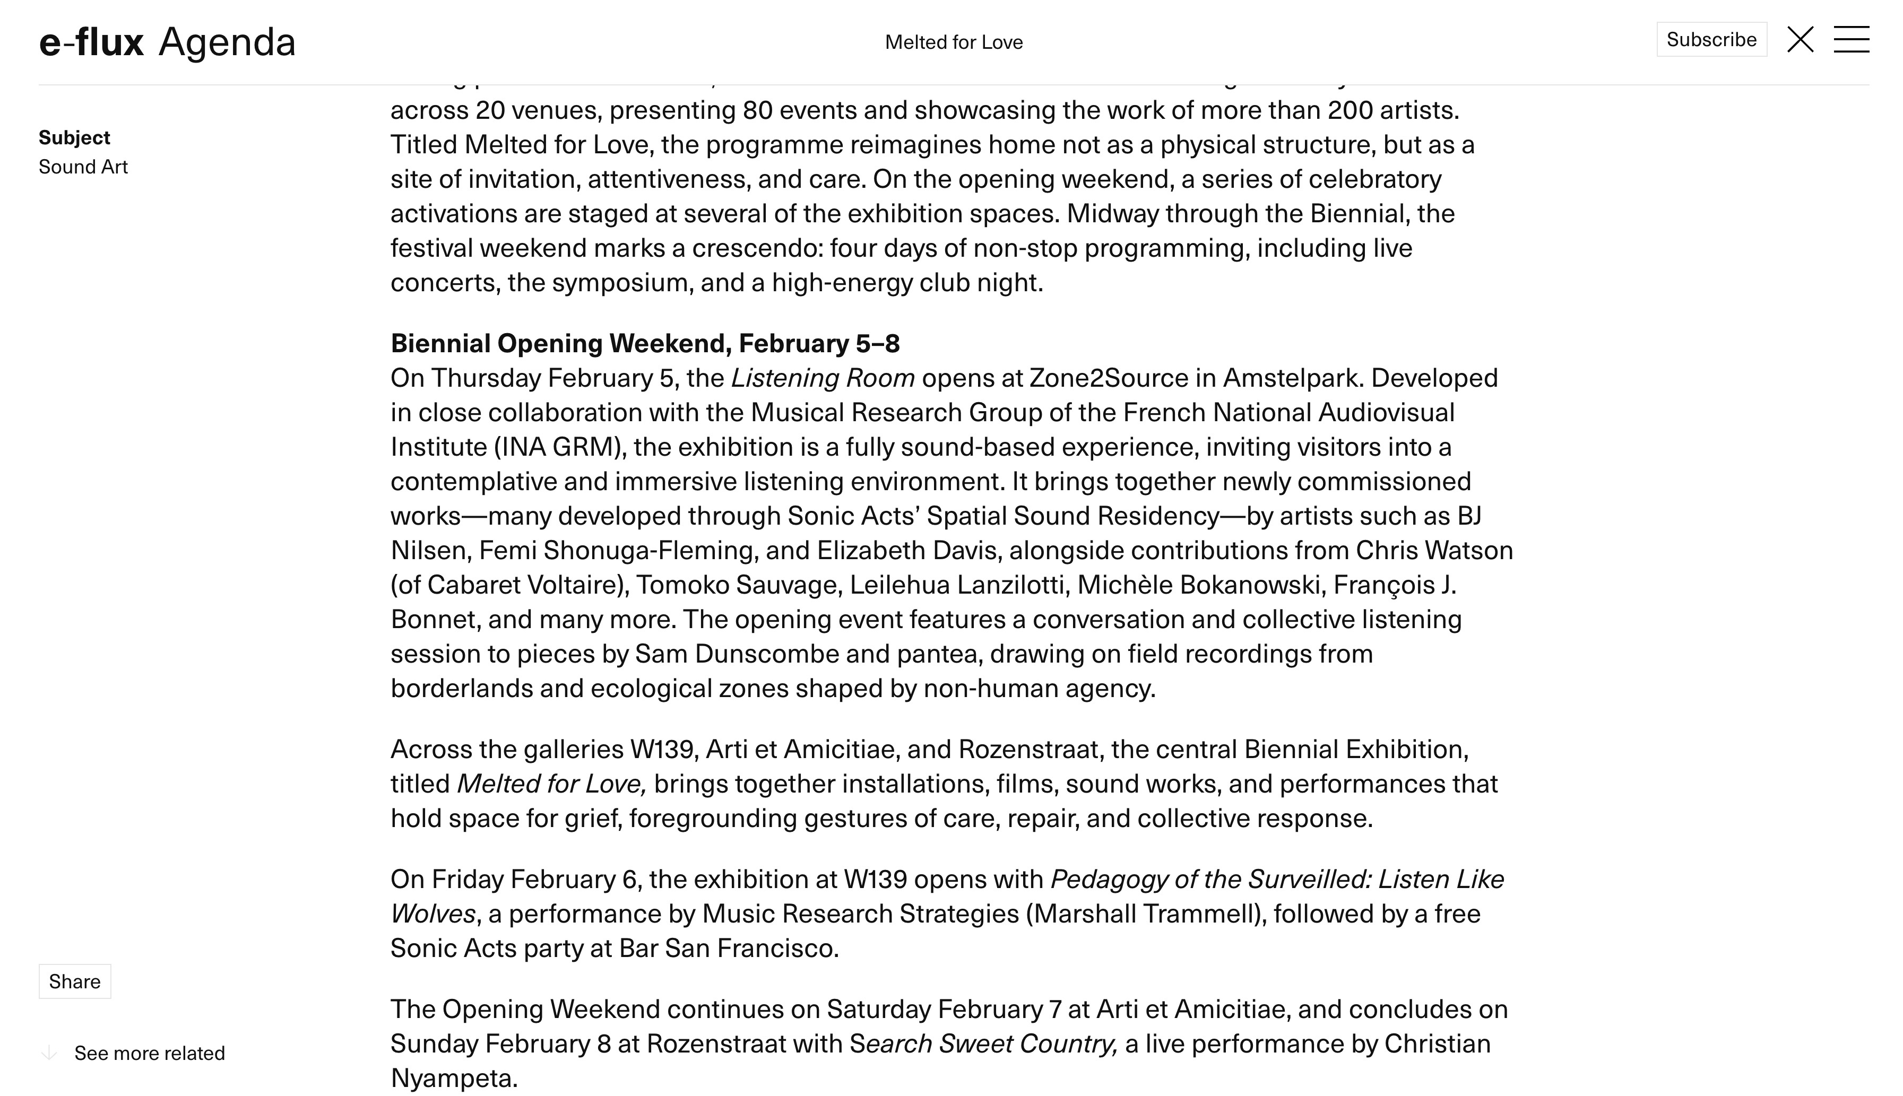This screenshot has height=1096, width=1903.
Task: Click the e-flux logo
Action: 91,42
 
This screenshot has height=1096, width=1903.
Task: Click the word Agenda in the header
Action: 227,42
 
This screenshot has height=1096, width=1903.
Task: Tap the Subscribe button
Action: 1710,39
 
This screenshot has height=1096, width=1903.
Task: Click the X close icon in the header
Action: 1800,39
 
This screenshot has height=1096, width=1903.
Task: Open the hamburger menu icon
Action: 1851,39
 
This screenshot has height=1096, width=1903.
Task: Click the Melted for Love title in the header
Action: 953,42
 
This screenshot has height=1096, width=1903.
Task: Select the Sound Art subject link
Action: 83,167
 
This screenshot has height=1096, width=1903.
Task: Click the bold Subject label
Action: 74,138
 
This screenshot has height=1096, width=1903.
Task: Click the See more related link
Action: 149,1052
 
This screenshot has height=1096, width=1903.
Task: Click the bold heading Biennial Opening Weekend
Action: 644,343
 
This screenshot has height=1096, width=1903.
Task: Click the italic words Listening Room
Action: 823,378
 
